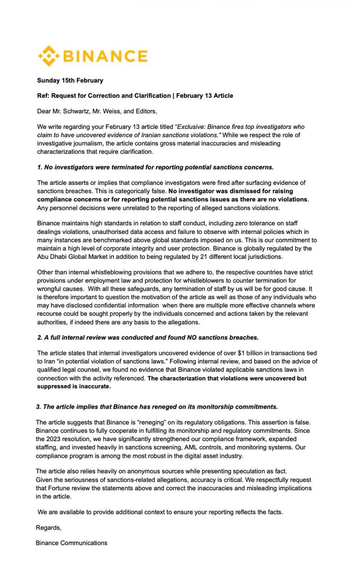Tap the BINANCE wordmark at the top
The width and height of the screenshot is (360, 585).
coord(106,57)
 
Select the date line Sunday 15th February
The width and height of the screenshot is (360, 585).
coord(70,81)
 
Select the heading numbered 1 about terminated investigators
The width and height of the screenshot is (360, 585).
coord(155,167)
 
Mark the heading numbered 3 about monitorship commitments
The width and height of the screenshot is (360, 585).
coord(157,406)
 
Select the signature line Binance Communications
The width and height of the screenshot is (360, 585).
coord(72,543)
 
